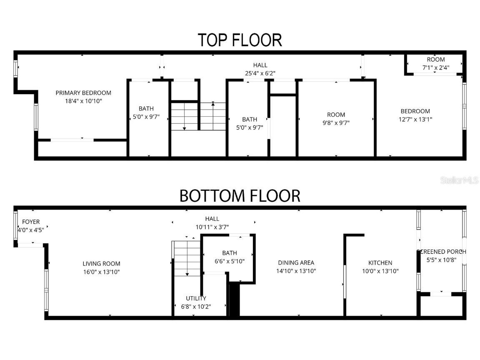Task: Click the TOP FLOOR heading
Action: click(x=240, y=40)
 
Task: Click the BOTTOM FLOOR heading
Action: click(x=240, y=195)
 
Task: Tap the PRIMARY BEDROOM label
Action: click(x=83, y=93)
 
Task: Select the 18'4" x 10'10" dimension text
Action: click(x=83, y=101)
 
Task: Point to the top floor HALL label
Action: click(x=260, y=65)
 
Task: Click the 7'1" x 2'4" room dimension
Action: click(x=435, y=67)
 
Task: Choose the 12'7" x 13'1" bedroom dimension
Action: click(x=415, y=119)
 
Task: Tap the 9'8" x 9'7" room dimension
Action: click(x=336, y=122)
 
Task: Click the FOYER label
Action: click(x=31, y=222)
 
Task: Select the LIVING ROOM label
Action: click(x=101, y=263)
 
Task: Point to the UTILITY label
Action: click(x=196, y=298)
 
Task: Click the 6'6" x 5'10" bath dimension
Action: click(x=229, y=261)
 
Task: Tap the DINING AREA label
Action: click(x=296, y=262)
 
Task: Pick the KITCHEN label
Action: click(x=380, y=263)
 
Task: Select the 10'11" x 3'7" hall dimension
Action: click(x=212, y=227)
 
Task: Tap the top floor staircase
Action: click(x=198, y=116)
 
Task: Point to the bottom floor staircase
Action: click(x=187, y=258)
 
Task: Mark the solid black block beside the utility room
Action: click(x=234, y=300)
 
